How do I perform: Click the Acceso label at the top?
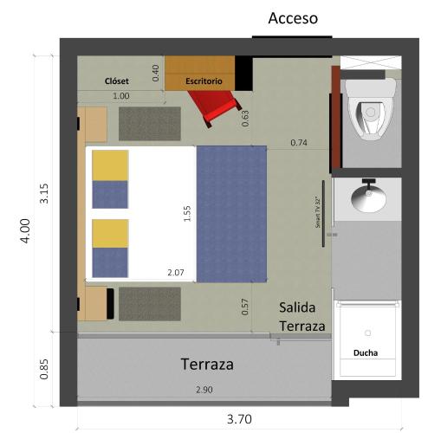click(x=293, y=18)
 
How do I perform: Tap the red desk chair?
click(x=215, y=106)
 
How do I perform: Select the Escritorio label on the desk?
click(x=204, y=81)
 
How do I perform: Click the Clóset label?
click(x=116, y=81)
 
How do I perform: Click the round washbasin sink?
click(x=369, y=198)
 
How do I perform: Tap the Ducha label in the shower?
click(x=366, y=352)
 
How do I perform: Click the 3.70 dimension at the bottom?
click(x=239, y=419)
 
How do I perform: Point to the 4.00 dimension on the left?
click(x=25, y=231)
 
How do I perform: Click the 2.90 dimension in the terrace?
click(x=204, y=390)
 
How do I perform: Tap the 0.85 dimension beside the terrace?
click(x=44, y=369)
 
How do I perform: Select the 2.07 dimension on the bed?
click(x=176, y=273)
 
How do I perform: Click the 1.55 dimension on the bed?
click(x=187, y=214)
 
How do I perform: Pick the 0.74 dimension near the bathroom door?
click(x=299, y=143)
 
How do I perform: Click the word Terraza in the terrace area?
click(x=207, y=365)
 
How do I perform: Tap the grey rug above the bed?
click(x=150, y=124)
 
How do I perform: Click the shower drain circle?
click(x=367, y=333)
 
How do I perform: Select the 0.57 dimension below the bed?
click(x=244, y=307)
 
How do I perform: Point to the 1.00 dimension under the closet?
click(x=120, y=96)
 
